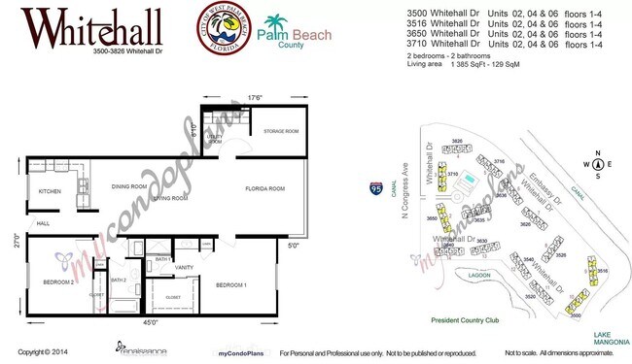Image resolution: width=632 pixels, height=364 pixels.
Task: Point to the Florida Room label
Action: point(263,188)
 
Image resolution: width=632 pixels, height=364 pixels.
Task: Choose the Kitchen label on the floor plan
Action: point(50,191)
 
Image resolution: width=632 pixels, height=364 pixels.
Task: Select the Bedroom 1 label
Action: point(230,285)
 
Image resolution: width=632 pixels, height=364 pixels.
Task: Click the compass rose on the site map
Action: point(599,164)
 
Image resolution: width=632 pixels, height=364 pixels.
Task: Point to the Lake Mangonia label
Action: point(610,337)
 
